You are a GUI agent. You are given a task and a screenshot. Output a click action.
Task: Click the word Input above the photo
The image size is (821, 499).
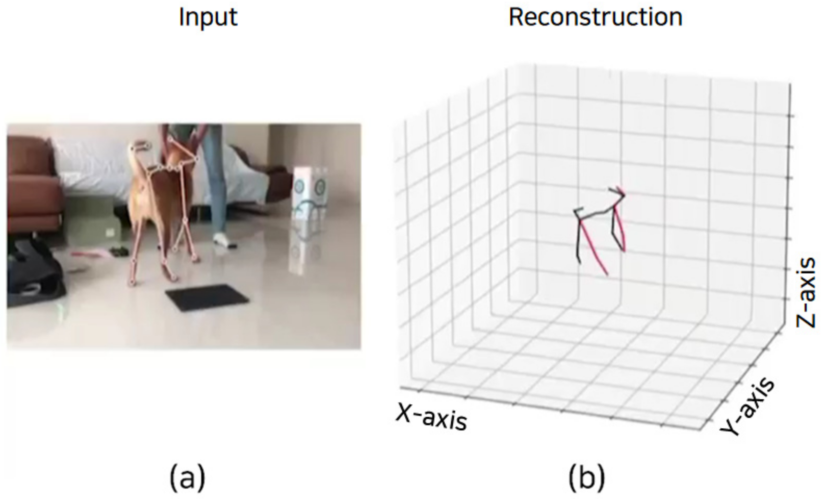[x=208, y=17]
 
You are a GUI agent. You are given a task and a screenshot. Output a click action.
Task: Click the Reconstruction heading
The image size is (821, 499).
[x=595, y=17]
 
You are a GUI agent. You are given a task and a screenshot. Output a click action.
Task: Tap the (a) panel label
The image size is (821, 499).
[x=188, y=478]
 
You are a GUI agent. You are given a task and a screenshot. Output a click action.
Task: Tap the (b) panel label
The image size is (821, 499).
[x=586, y=478]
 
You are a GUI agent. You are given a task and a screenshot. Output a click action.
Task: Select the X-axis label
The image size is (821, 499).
[x=432, y=418]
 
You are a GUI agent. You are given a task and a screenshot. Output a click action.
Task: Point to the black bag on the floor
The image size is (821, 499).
[x=33, y=277]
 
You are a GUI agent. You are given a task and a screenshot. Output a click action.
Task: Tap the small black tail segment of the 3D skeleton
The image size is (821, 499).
[x=578, y=211]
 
